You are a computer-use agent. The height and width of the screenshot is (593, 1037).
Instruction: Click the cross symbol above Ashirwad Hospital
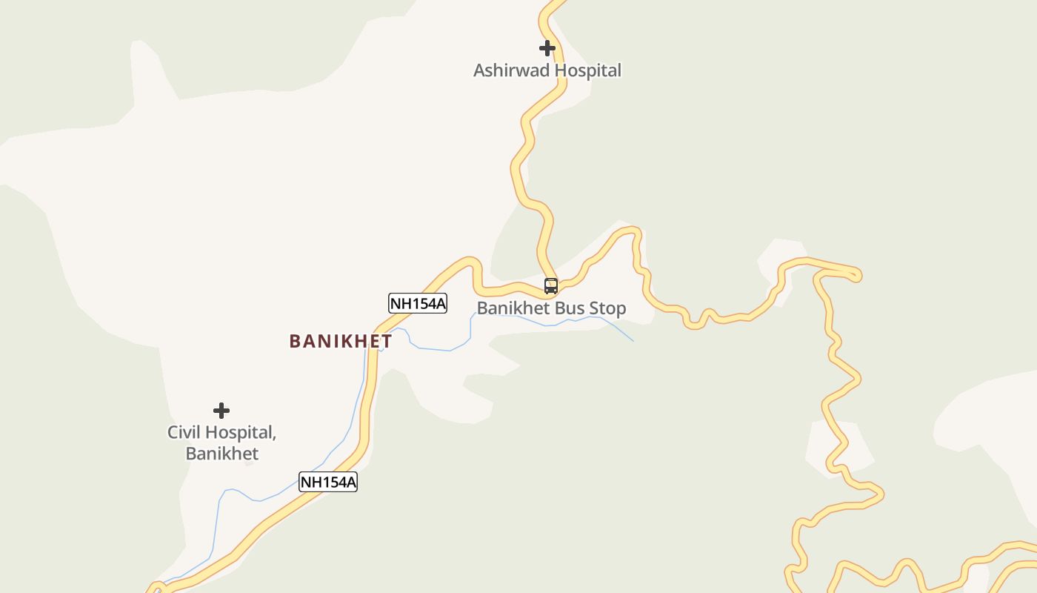[547, 48]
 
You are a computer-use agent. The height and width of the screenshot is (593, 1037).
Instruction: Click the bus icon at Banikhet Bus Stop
[551, 286]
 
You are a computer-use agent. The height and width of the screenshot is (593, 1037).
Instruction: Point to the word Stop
[609, 308]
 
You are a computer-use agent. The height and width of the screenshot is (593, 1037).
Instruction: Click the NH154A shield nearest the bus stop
[418, 303]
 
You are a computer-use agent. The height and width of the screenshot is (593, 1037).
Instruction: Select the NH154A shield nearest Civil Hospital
[328, 482]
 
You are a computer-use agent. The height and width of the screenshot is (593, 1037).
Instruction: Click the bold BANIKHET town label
[341, 342]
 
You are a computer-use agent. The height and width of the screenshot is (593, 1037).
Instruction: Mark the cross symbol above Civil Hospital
[221, 411]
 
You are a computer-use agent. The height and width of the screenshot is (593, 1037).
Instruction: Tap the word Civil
[184, 432]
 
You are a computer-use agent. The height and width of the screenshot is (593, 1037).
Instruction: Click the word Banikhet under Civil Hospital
[222, 454]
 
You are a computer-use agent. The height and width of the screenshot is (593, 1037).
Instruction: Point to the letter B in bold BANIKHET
[295, 342]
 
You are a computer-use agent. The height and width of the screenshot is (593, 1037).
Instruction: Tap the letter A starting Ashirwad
[479, 71]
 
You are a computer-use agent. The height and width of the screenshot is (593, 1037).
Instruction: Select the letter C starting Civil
[173, 432]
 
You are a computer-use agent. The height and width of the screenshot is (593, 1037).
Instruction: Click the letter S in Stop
[596, 308]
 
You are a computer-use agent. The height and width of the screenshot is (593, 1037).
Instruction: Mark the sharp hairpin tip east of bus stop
[858, 276]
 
